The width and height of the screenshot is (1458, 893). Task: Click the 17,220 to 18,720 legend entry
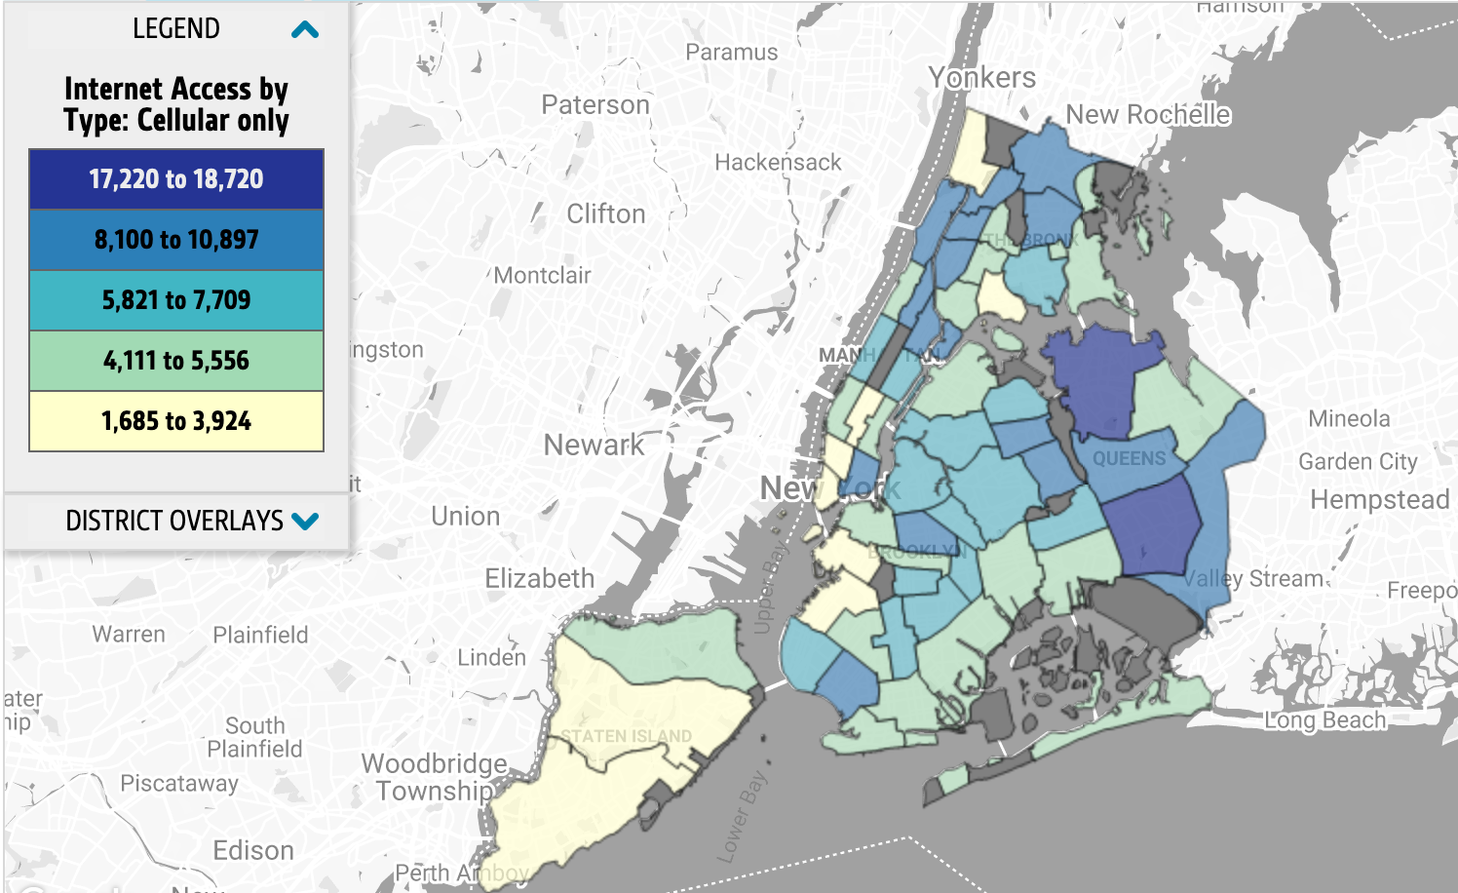tap(176, 179)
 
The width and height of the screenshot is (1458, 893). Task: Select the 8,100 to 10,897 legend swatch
tap(176, 240)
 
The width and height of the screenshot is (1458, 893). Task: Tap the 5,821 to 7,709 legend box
tap(176, 300)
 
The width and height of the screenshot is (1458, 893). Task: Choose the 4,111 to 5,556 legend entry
tap(176, 361)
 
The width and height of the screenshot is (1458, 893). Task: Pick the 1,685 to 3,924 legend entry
tap(176, 421)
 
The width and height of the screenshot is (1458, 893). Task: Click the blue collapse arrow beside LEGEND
tap(305, 30)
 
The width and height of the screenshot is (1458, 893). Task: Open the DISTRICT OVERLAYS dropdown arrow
tap(305, 521)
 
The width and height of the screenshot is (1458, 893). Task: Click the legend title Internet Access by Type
tap(176, 104)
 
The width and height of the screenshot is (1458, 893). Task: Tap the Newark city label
tap(594, 446)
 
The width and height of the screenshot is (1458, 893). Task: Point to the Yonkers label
tap(981, 78)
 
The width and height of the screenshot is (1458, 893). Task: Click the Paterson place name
tap(595, 105)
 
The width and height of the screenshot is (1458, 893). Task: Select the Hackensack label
tap(778, 163)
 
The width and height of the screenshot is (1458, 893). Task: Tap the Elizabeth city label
tap(540, 579)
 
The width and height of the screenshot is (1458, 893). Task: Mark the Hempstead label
tap(1379, 500)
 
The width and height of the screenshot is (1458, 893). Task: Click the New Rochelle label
tap(1148, 115)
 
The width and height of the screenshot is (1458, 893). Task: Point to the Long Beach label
tap(1324, 720)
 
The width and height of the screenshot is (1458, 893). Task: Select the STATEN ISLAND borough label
tap(626, 736)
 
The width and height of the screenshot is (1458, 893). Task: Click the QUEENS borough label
tap(1129, 458)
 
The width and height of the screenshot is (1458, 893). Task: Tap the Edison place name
tap(253, 851)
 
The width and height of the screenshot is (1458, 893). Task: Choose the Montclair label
tap(542, 276)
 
